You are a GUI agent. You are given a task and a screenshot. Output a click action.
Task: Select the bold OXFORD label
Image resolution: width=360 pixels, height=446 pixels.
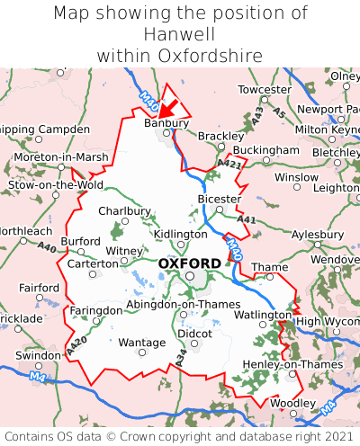pyautogui.click(x=189, y=263)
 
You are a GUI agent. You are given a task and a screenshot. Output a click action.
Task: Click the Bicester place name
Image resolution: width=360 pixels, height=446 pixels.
pyautogui.click(x=219, y=199)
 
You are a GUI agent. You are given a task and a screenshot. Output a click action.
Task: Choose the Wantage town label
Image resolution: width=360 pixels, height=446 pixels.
pyautogui.click(x=142, y=343)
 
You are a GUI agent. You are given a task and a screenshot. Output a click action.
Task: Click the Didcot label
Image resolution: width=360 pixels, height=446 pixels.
pyautogui.click(x=194, y=333)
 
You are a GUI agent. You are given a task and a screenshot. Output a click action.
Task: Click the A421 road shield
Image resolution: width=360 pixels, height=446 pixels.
pyautogui.click(x=229, y=165)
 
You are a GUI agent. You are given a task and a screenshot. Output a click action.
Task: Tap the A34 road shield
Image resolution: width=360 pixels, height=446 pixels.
pyautogui.click(x=179, y=361)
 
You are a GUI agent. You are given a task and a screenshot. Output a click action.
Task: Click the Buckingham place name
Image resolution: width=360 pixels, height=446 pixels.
pyautogui.click(x=265, y=149)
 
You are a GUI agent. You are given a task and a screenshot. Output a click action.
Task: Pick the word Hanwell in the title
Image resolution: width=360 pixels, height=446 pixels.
pyautogui.click(x=180, y=34)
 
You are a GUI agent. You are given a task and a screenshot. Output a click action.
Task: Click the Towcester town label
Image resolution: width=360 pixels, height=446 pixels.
pyautogui.click(x=264, y=90)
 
